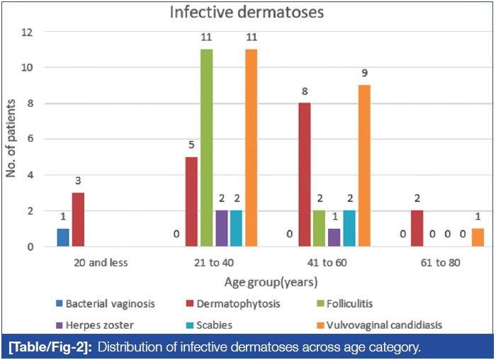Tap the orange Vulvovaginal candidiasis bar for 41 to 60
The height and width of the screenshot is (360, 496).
364,166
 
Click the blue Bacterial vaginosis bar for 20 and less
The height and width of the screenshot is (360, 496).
63,237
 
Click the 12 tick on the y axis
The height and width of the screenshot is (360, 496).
28,32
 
